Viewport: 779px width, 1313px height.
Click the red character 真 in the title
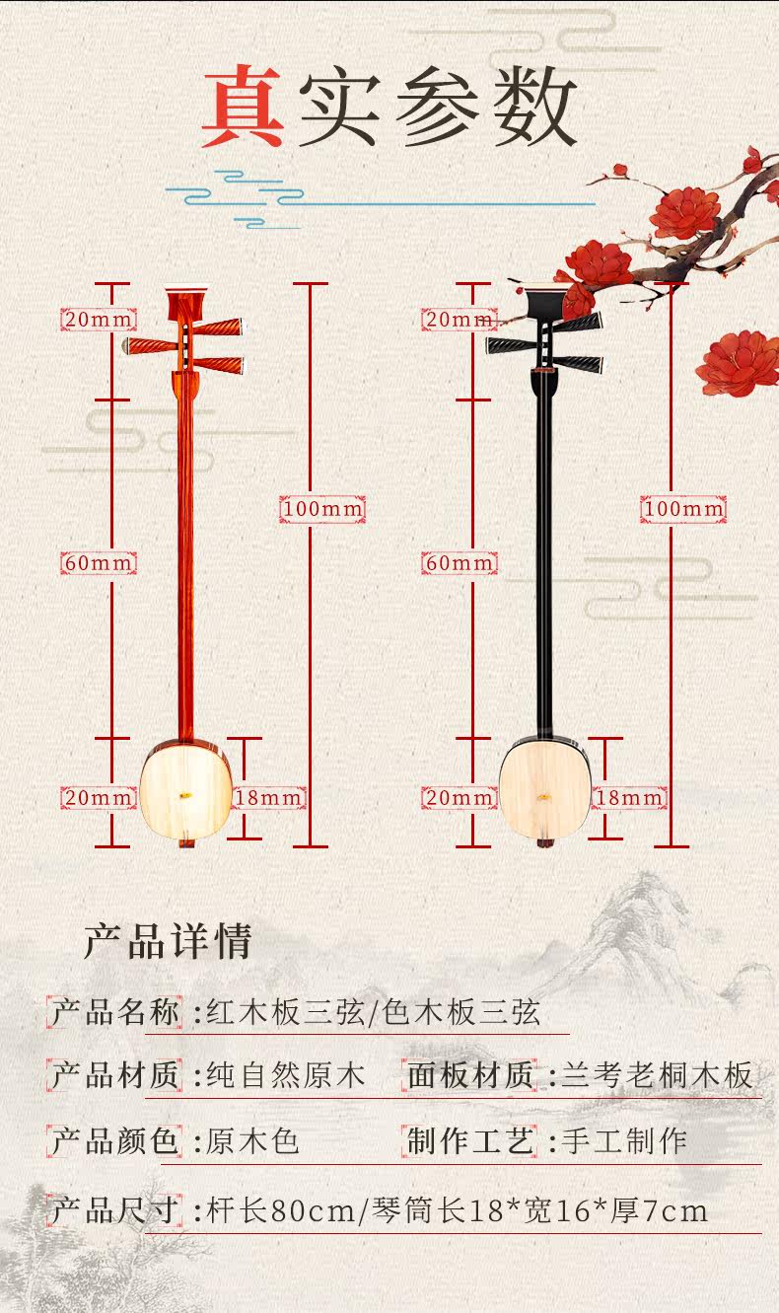[243, 109]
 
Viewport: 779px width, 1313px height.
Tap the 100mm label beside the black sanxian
[683, 509]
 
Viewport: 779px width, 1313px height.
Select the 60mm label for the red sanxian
[99, 563]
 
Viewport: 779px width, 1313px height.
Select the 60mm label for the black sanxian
[460, 563]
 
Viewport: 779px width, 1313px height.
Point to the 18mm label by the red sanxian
[269, 797]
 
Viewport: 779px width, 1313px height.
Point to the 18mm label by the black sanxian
[630, 797]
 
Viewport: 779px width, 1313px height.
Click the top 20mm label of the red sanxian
[99, 320]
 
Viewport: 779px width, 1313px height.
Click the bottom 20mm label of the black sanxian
[460, 797]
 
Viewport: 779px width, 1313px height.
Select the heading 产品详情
[168, 942]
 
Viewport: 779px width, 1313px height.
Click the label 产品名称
[115, 1012]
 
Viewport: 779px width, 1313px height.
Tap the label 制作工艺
[471, 1142]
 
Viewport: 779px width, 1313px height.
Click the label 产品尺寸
[115, 1209]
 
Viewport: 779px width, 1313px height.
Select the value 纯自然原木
[285, 1075]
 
